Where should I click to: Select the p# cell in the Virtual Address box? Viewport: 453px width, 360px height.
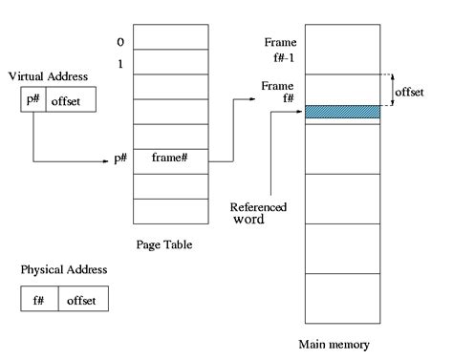click(32, 100)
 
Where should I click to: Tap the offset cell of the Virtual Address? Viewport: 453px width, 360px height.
click(66, 100)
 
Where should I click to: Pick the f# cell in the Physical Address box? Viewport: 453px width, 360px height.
click(38, 299)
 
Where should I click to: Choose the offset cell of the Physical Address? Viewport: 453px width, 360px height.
click(81, 299)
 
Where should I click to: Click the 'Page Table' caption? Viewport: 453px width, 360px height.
click(163, 244)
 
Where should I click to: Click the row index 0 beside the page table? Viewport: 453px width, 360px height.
click(119, 42)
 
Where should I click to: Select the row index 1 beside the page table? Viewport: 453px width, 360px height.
click(119, 63)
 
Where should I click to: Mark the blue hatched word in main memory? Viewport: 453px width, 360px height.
click(341, 113)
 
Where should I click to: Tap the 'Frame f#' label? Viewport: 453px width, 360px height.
click(277, 93)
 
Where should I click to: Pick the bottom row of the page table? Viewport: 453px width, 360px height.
click(170, 211)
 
